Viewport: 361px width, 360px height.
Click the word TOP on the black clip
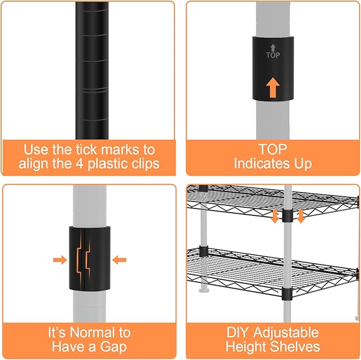[x=273, y=54]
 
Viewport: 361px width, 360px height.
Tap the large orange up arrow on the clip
[x=273, y=86]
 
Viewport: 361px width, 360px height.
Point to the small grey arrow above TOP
[x=273, y=47]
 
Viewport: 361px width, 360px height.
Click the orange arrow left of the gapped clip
[x=60, y=260]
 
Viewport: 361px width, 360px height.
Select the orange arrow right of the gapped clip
[x=120, y=260]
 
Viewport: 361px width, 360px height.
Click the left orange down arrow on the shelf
[x=275, y=216]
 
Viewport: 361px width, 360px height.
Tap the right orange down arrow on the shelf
[x=300, y=216]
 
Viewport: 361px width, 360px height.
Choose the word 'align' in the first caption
[x=33, y=163]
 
